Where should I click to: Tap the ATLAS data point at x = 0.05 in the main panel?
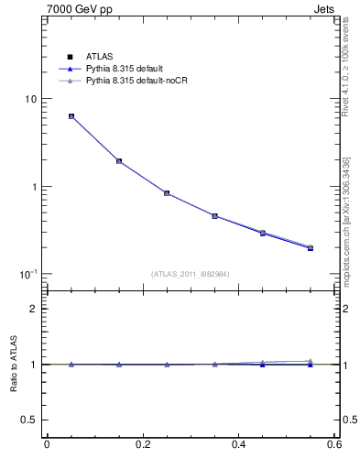point(71,116)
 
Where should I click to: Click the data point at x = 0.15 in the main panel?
point(119,161)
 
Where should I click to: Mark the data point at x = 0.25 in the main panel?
point(167,193)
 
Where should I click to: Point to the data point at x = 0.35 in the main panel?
point(214,216)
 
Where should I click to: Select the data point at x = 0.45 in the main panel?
point(262,234)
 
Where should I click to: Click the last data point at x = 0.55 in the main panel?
point(311,247)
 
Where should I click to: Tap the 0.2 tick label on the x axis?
point(142,445)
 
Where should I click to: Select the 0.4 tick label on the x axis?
point(238,445)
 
